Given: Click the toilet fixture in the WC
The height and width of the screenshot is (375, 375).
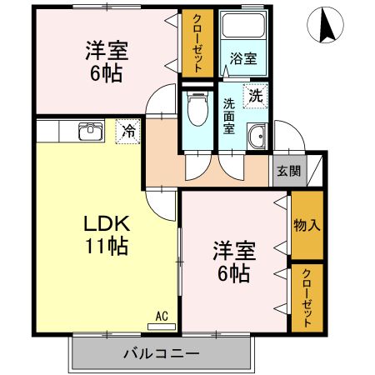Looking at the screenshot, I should point(197,107).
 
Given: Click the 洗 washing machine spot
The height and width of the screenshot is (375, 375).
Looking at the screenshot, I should point(256,95).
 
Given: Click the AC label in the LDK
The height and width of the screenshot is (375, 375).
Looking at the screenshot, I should point(162,317).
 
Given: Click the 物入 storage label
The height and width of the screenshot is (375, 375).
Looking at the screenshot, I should point(307,224).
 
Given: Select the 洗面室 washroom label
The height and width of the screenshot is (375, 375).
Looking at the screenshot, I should point(231,117).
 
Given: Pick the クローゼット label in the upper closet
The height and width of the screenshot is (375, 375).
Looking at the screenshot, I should point(199,45).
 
